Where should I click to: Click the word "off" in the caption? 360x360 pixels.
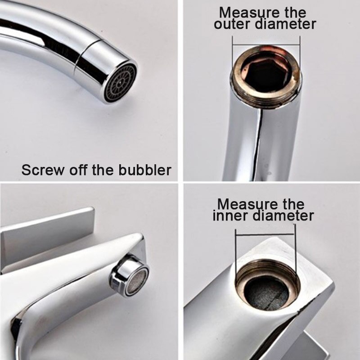point(80,170)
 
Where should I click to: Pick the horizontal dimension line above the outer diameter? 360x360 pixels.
point(266,45)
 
